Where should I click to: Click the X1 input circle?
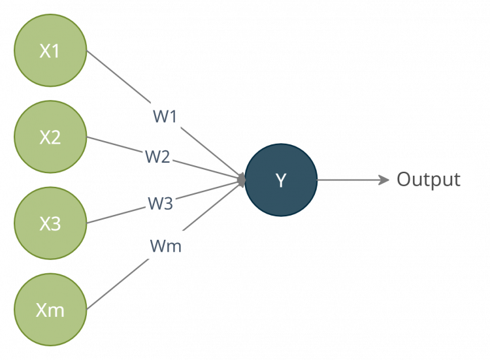coord(50,52)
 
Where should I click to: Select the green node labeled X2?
coord(50,137)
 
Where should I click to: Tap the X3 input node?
coord(50,223)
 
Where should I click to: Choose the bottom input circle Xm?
coord(50,309)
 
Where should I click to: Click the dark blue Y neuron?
coord(281,180)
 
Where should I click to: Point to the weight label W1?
coord(165,116)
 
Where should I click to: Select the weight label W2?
coord(157,157)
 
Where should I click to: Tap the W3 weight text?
coord(160,203)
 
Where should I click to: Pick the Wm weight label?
coord(165,246)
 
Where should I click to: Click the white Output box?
coord(433,178)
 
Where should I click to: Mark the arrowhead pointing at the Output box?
coord(384,179)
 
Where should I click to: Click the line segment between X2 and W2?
coord(114,145)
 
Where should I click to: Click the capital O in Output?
coord(404,179)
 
